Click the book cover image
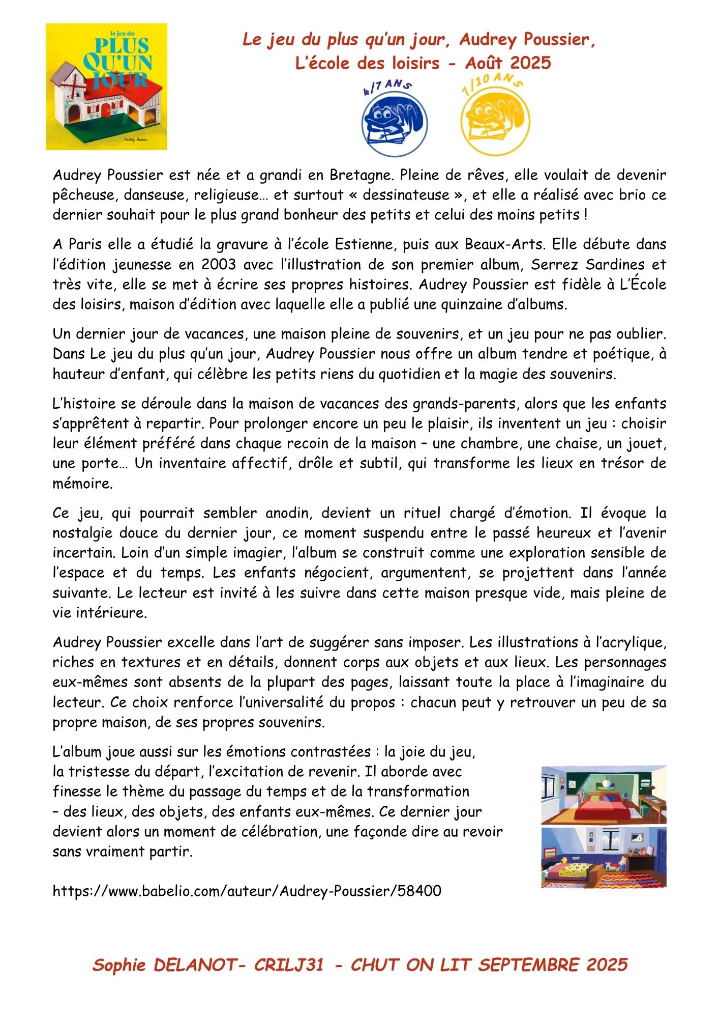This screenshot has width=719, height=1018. coord(106,87)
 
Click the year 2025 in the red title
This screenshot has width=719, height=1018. coord(530,63)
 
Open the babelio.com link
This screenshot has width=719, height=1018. coord(247,891)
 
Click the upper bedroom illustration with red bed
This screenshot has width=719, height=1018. coord(604,795)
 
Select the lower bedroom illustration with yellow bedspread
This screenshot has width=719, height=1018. coord(604,858)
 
